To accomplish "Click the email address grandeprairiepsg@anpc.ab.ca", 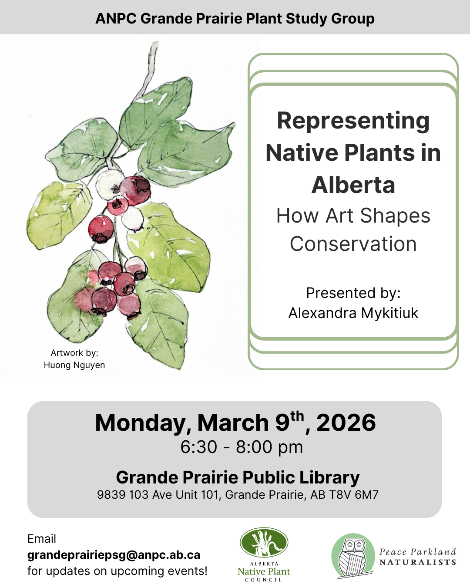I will pyautogui.click(x=114, y=555).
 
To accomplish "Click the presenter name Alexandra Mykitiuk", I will pyautogui.click(x=353, y=313).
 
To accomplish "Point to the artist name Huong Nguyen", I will pyautogui.click(x=74, y=365).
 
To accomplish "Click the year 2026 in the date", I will pyautogui.click(x=346, y=423).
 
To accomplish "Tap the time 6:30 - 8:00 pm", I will pyautogui.click(x=242, y=447).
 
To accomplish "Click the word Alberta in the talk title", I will pyautogui.click(x=353, y=185).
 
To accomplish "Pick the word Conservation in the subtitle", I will pyautogui.click(x=353, y=244).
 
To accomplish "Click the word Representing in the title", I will pyautogui.click(x=353, y=121).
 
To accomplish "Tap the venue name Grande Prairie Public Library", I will pyautogui.click(x=238, y=477).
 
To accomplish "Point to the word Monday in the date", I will pyautogui.click(x=142, y=423).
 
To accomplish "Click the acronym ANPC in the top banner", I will pyautogui.click(x=116, y=19).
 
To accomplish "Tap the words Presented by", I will pyautogui.click(x=353, y=293).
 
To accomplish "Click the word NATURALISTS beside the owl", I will pyautogui.click(x=417, y=562).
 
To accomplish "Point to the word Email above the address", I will pyautogui.click(x=42, y=539).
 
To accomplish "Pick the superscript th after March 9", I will pyautogui.click(x=297, y=416).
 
